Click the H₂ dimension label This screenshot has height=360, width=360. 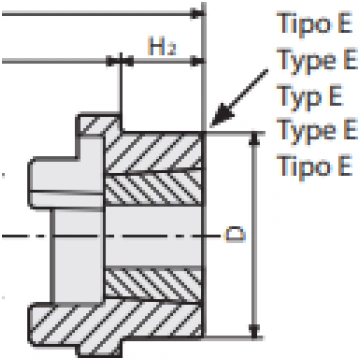pos(162,46)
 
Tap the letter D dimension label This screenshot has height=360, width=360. pos(236,234)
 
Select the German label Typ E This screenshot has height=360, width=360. pos(309,95)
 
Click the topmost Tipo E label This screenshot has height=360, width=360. pos(314,23)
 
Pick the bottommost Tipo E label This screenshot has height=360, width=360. pos(314,165)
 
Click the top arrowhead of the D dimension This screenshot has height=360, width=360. pos(254,139)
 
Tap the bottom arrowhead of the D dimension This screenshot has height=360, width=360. pos(254,331)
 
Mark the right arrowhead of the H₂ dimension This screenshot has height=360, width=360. pos(197,61)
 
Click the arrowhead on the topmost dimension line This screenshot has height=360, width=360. pos(197,14)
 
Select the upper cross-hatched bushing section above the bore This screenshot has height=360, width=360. pos(153,188)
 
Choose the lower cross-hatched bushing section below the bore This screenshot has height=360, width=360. pos(153,285)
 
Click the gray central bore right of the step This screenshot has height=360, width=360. pos(153,236)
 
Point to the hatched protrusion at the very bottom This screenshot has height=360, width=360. pos(100,348)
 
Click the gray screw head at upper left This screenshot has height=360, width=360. pos(67,183)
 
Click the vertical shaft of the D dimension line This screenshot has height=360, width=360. pos(254,235)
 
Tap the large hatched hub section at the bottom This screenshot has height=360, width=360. pos(115,323)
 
